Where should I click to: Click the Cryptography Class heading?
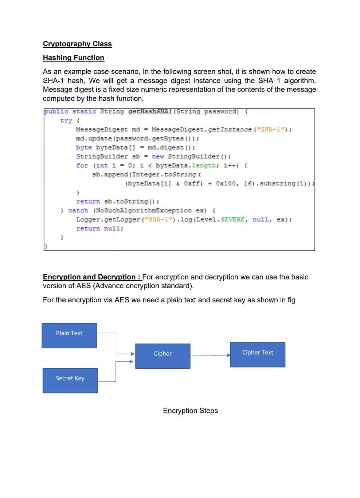tap(77, 44)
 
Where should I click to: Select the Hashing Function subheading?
tap(74, 58)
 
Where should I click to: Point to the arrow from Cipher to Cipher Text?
tap(210, 355)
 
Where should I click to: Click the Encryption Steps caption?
tap(190, 411)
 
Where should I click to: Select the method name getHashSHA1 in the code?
tap(150, 111)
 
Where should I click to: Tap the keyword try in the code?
tap(66, 121)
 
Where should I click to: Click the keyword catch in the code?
tap(78, 211)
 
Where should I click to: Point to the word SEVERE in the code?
tap(232, 220)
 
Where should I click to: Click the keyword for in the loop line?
tap(82, 166)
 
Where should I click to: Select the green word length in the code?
tap(204, 166)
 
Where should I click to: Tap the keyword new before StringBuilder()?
tap(158, 157)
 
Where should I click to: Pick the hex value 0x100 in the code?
tap(226, 184)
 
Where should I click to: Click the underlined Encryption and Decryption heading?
tap(92, 277)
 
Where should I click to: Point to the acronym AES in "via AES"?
tap(122, 300)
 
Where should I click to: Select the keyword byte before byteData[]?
tap(84, 148)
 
